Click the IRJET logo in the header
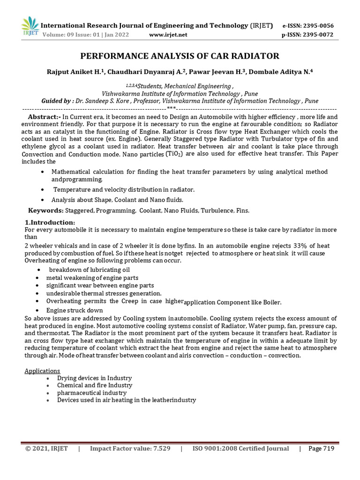coord(30,27)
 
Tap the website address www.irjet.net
coord(168,35)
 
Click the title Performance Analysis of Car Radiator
coord(180,56)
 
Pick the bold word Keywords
coord(45,211)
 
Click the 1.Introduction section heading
coord(50,222)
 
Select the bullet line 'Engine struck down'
coord(75,310)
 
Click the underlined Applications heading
coord(42,371)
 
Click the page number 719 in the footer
coord(328,449)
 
